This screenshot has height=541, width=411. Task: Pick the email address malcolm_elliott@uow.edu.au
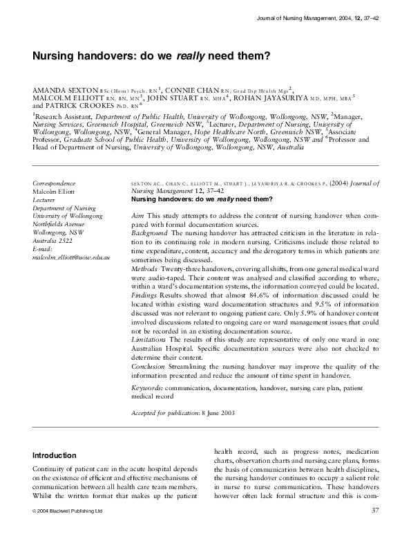click(71, 257)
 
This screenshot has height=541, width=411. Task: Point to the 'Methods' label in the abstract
click(145, 266)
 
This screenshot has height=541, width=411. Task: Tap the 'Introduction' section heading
click(55, 456)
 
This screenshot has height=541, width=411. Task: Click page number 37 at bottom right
click(376, 511)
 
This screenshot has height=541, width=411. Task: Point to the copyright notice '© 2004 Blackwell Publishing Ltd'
click(68, 511)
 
